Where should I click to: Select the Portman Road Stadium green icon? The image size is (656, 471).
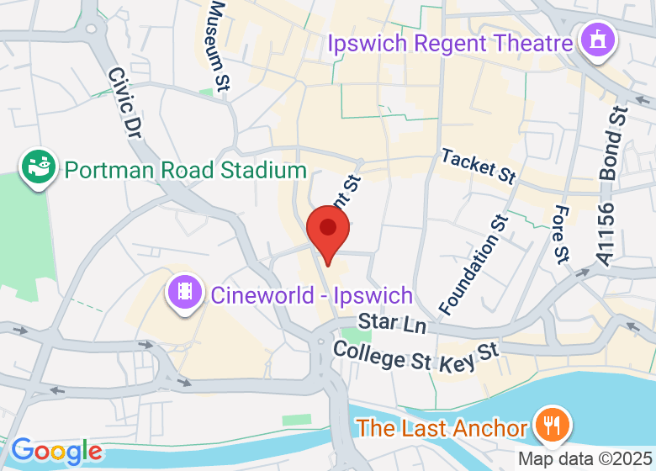[39, 168]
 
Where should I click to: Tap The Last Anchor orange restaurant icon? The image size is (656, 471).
[552, 426]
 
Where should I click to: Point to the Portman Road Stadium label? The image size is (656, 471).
[185, 171]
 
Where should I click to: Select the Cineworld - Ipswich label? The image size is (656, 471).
[311, 295]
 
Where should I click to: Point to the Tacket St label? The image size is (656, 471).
[477, 166]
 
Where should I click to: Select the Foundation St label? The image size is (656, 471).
[473, 262]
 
